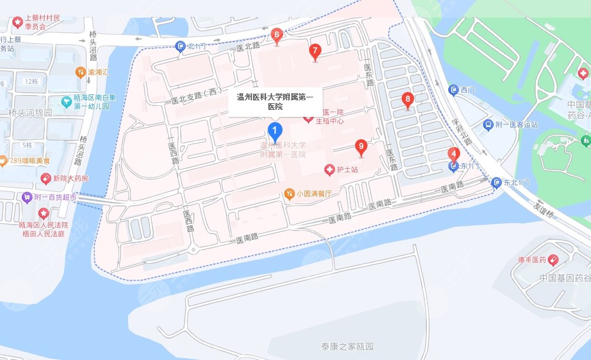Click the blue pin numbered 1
274,130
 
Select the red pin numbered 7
316,51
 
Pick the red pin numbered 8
407,100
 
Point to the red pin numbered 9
362,147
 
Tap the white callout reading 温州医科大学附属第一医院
275,102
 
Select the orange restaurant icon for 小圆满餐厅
290,193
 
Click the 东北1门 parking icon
497,183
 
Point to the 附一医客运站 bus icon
488,125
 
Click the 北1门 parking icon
180,47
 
